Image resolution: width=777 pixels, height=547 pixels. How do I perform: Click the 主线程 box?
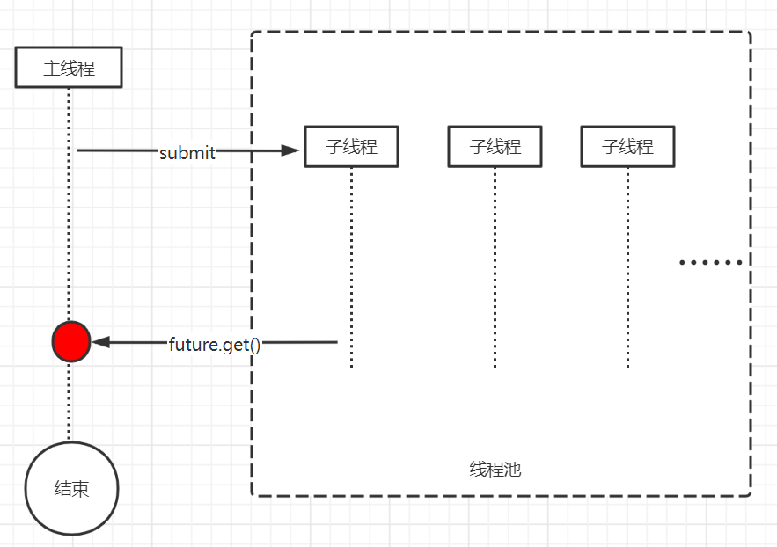(69, 68)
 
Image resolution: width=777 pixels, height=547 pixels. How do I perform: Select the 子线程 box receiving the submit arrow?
(351, 146)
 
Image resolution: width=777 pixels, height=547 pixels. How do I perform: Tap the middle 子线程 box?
(495, 146)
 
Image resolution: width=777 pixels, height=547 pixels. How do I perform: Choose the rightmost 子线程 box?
(627, 146)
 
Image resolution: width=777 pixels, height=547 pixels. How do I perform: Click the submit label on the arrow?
(187, 152)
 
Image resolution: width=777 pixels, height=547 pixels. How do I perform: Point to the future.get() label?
(215, 344)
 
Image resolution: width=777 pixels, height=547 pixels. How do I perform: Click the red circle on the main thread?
(70, 341)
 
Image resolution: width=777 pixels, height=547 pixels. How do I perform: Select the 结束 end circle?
(71, 488)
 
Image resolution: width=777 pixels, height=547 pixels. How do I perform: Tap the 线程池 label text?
(495, 470)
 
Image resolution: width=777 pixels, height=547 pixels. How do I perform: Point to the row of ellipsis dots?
(712, 262)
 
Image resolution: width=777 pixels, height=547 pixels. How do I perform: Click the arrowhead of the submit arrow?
(291, 150)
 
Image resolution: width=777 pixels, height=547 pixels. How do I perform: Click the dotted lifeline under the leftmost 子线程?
(351, 264)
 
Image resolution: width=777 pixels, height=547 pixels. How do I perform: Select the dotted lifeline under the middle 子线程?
(495, 264)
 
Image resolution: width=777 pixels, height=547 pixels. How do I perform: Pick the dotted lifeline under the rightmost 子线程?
(627, 264)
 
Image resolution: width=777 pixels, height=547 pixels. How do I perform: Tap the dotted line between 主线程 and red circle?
(69, 202)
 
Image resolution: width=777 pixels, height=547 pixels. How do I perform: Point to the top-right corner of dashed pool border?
(749, 34)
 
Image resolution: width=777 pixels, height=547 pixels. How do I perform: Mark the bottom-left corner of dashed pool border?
(253, 494)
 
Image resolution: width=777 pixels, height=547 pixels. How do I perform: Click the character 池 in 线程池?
(513, 470)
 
